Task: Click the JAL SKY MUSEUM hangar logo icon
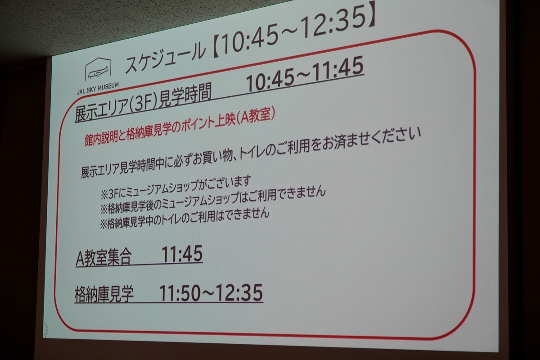pyautogui.click(x=98, y=69)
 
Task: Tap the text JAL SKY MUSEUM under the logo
pyautogui.click(x=98, y=89)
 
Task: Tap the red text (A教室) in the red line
pyautogui.click(x=256, y=117)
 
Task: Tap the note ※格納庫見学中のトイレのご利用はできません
pyautogui.click(x=184, y=218)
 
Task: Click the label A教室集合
pyautogui.click(x=103, y=257)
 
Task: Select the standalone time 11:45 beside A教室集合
pyautogui.click(x=182, y=254)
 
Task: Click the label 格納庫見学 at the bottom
pyautogui.click(x=104, y=294)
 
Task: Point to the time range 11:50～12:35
pyautogui.click(x=211, y=293)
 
